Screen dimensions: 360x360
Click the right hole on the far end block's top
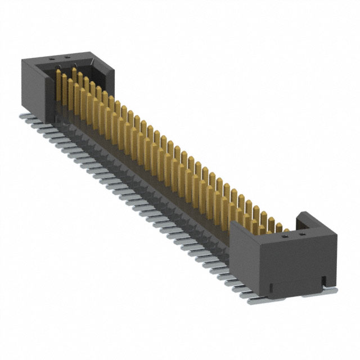point(67,57)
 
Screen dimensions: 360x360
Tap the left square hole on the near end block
point(286,237)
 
